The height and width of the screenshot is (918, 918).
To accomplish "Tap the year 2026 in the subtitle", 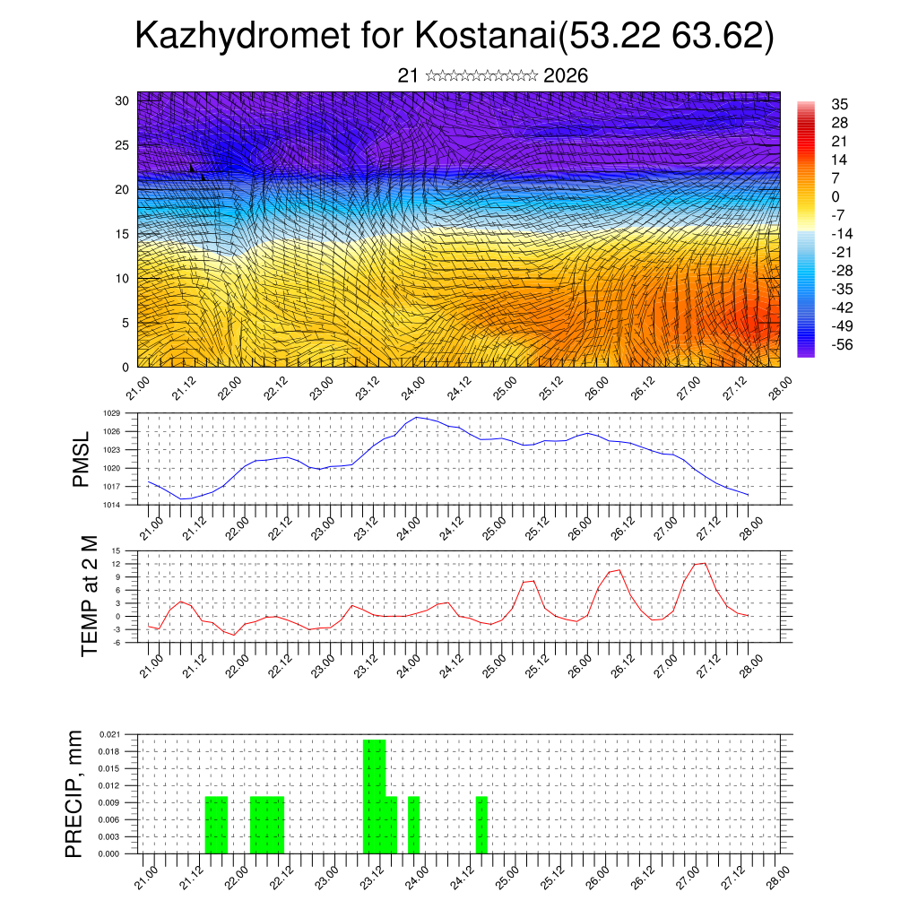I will point(566,76).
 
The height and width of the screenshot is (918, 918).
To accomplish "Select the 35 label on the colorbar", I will point(840,104).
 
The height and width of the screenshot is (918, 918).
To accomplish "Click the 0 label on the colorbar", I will point(836,196).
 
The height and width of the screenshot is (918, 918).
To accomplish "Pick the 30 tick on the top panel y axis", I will point(123,100).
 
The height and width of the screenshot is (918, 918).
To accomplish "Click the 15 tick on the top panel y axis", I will point(123,234).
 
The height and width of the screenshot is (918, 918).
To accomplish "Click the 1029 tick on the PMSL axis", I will point(111,413).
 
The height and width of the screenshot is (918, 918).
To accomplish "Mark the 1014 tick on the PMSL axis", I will point(111,505).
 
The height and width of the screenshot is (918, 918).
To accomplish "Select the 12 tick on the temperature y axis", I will point(116,564).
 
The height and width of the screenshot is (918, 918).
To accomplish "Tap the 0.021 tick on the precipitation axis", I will point(109,734).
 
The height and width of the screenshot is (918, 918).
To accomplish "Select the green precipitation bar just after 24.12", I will point(481,825).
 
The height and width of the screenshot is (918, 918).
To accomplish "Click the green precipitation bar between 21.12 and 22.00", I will point(216,825).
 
